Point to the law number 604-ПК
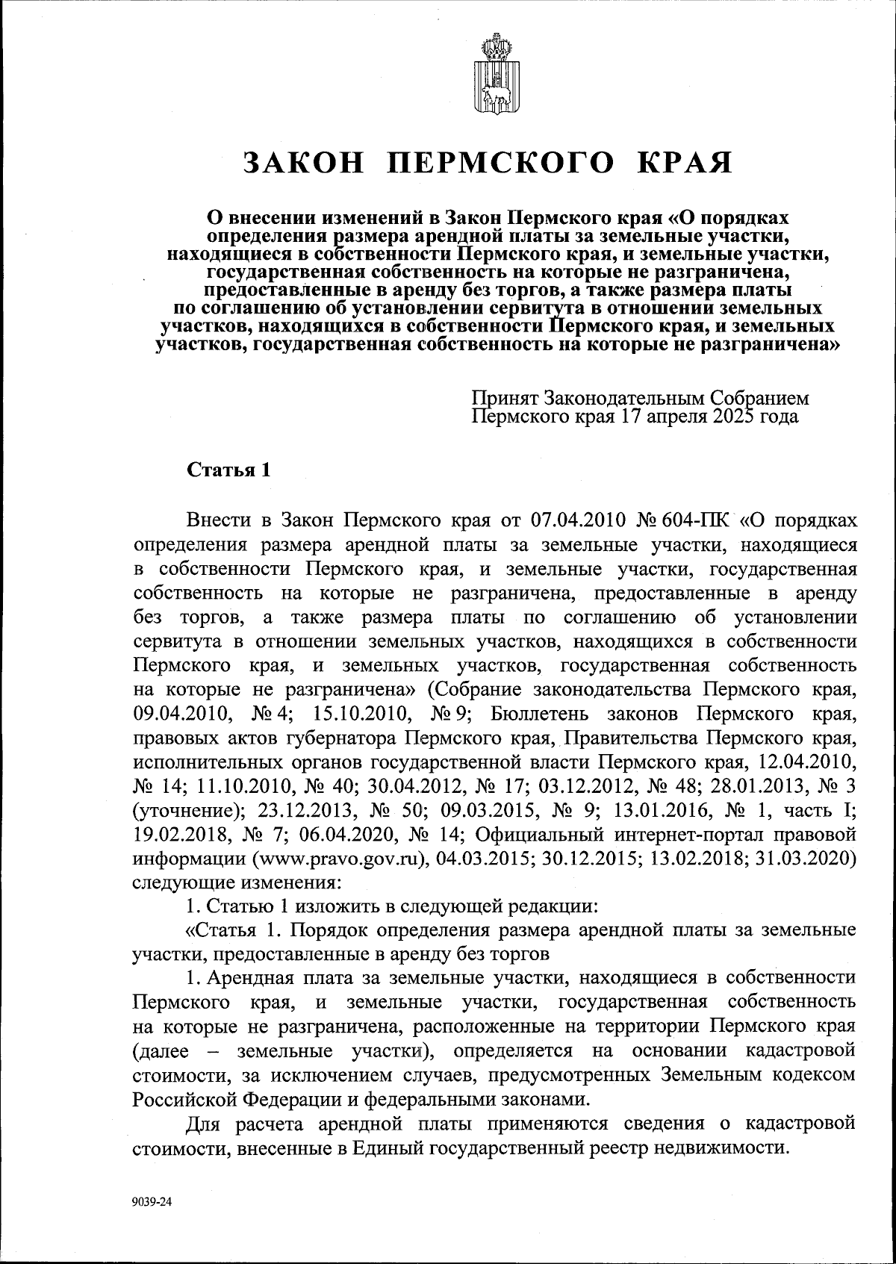click(687, 519)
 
